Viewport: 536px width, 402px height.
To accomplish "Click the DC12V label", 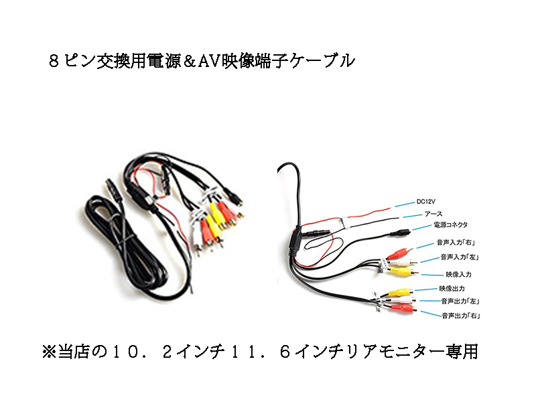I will [x=426, y=200].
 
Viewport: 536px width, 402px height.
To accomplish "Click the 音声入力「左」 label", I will [x=458, y=257].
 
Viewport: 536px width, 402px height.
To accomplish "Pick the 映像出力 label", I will [x=452, y=288].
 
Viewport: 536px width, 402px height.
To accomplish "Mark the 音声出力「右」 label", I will [x=463, y=314].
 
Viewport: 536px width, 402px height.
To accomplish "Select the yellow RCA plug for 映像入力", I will [x=402, y=271].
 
